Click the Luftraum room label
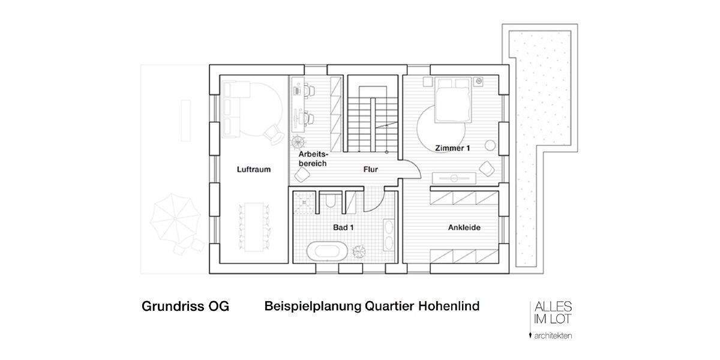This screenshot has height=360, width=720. pyautogui.click(x=253, y=169)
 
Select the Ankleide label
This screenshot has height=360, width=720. pyautogui.click(x=464, y=228)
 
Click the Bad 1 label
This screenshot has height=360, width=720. pyautogui.click(x=342, y=228)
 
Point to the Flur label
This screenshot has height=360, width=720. pyautogui.click(x=370, y=170)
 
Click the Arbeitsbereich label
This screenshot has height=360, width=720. pyautogui.click(x=312, y=159)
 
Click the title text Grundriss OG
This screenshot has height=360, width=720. pyautogui.click(x=185, y=307)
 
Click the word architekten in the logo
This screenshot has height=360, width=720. pyautogui.click(x=553, y=335)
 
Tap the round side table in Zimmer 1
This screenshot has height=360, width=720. pyautogui.click(x=491, y=145)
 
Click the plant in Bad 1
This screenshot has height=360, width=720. pyautogui.click(x=361, y=251)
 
